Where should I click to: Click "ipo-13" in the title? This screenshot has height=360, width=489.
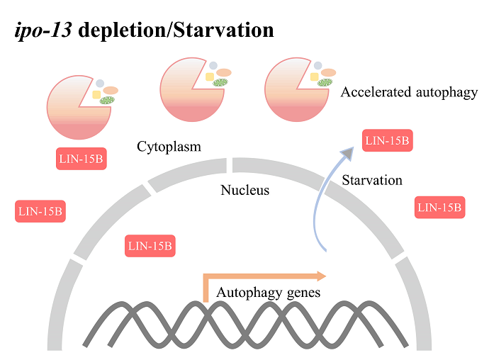coord(43,32)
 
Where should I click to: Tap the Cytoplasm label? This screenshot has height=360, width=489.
coord(169,147)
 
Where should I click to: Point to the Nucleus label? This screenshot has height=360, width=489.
coord(244,190)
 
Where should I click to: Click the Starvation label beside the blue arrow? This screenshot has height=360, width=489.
coord(371,180)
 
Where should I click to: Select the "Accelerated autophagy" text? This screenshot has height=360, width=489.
coord(409,93)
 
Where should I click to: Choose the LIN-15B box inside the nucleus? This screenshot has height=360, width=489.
coord(149,247)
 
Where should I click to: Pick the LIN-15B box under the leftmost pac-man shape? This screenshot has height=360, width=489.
coord(81,159)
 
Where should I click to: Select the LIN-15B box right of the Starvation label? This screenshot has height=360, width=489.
coord(439,207)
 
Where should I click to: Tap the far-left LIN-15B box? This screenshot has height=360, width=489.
coord(40,211)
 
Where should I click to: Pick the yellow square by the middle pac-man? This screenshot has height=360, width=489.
coord(209,76)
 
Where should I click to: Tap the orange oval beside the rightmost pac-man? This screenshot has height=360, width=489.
coord(328,72)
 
